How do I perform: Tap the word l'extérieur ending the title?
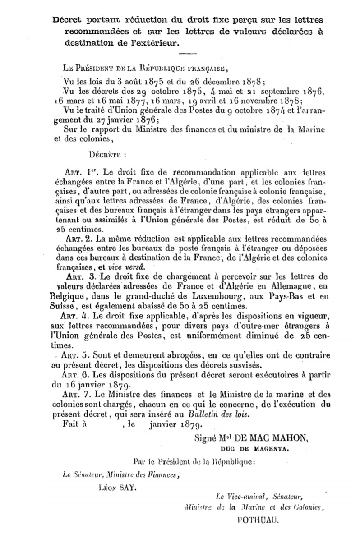156,43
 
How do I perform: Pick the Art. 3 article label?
79,276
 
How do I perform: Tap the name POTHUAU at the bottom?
257,519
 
